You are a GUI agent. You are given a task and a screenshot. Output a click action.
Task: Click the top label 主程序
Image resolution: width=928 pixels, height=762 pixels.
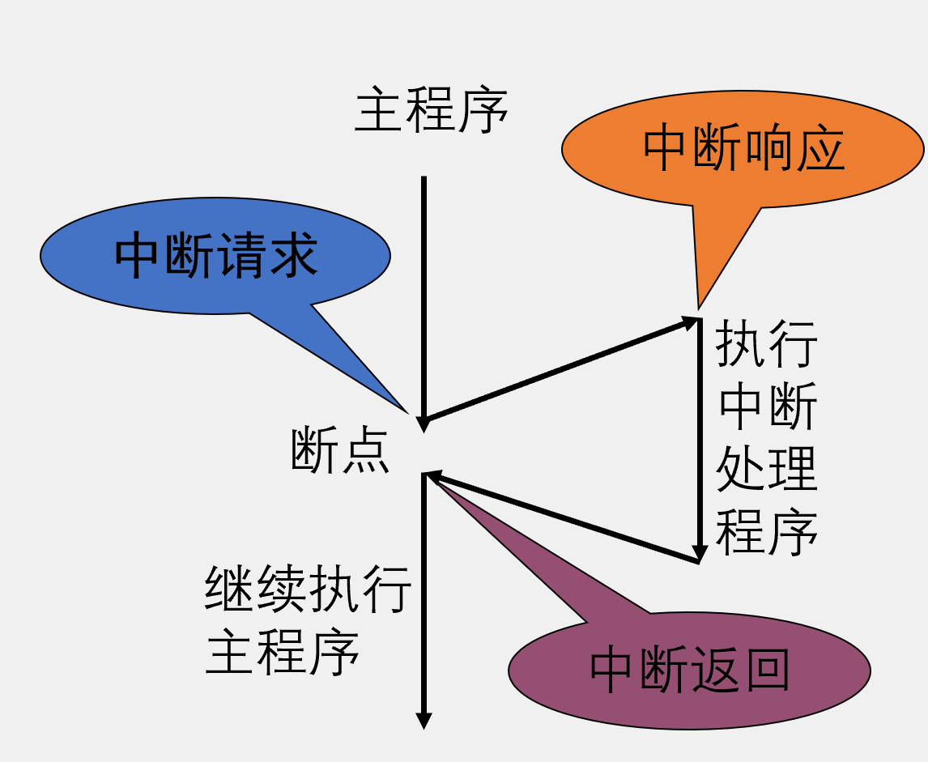coord(432,112)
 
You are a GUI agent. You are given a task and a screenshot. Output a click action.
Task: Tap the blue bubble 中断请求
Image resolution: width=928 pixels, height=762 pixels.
coord(215,256)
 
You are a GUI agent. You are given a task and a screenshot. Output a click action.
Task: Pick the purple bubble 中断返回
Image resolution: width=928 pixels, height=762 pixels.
coord(689,670)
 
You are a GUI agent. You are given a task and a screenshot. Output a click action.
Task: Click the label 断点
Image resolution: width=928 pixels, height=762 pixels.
coord(340,451)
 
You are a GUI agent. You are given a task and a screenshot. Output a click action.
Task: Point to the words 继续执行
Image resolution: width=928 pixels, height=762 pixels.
coord(309,590)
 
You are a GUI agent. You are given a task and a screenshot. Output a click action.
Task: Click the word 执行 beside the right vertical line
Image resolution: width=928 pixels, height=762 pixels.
coord(767,343)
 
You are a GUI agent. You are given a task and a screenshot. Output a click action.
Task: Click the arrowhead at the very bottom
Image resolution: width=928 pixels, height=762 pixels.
coord(424,720)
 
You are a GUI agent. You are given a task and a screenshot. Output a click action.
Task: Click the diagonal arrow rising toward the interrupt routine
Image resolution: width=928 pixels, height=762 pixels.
coord(559,370)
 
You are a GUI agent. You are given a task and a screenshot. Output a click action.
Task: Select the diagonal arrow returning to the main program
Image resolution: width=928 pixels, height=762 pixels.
coord(563,517)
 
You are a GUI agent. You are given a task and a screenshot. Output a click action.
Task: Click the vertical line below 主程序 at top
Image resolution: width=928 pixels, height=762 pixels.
coord(424,292)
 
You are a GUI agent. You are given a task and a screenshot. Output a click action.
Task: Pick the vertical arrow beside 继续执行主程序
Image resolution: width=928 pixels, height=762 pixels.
coord(424,599)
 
